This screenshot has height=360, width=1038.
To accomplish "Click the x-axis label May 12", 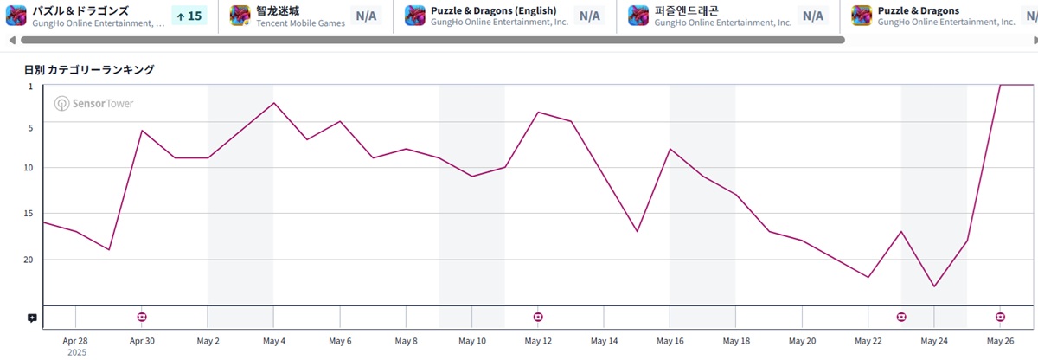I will pyautogui.click(x=538, y=341).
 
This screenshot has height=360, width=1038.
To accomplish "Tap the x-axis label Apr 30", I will pyautogui.click(x=142, y=341).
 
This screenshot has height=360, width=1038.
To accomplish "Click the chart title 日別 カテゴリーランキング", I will pyautogui.click(x=89, y=69).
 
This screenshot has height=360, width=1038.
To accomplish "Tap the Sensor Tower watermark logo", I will pyautogui.click(x=94, y=104).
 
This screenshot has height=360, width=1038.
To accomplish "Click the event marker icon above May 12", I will pyautogui.click(x=538, y=318).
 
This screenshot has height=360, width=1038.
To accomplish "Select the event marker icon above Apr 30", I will pyautogui.click(x=142, y=318).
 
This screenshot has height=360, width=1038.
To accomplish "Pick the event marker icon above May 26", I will pyautogui.click(x=1000, y=318).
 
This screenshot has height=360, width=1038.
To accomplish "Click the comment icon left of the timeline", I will pyautogui.click(x=32, y=318).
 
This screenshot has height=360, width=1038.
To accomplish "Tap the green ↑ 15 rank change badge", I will pyautogui.click(x=189, y=16).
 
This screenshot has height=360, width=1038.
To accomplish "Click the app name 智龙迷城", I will pyautogui.click(x=278, y=10).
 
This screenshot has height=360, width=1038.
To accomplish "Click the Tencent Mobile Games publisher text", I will pyautogui.click(x=300, y=23).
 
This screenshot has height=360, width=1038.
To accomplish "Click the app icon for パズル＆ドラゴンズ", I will pyautogui.click(x=16, y=16).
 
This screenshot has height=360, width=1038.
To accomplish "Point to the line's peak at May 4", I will pyautogui.click(x=273, y=103).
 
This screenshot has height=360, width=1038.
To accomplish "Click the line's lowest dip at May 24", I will pyautogui.click(x=934, y=286).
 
